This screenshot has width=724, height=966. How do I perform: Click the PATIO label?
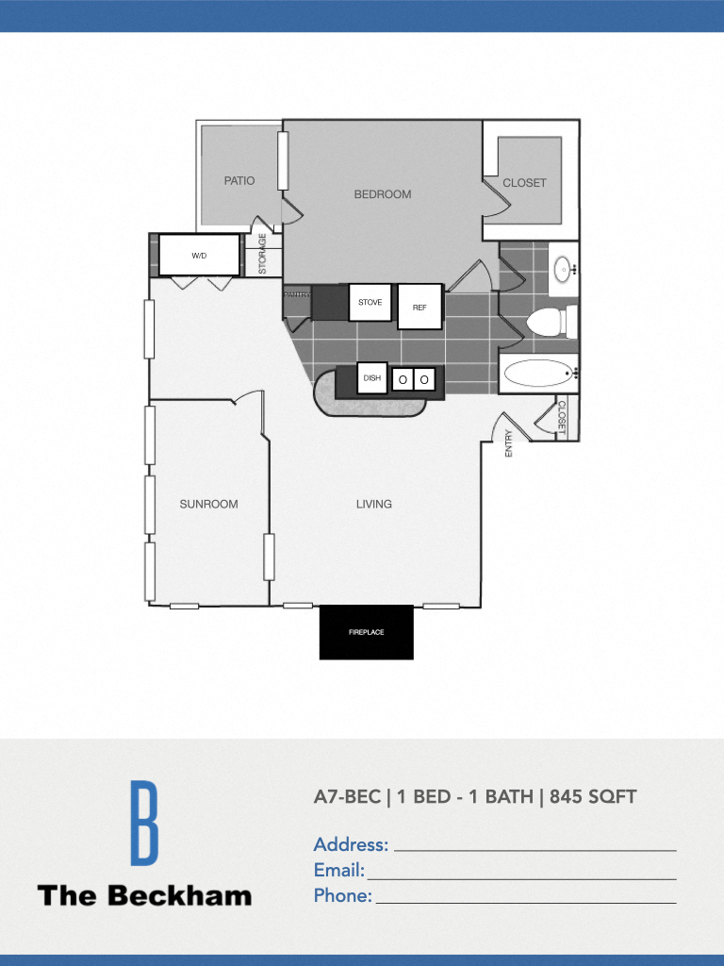coord(239,181)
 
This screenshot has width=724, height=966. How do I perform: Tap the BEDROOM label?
coord(383,194)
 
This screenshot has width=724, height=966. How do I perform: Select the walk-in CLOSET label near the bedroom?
coord(524,183)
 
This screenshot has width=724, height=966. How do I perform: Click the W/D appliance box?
coord(199,256)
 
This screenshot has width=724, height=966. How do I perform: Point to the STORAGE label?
coord(263,255)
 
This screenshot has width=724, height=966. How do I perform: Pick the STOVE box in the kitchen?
coord(370,303)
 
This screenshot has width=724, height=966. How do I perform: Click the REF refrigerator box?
coord(420,307)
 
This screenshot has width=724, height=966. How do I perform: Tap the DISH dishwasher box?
coord(372,379)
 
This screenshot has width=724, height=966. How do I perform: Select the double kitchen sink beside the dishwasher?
coord(414,379)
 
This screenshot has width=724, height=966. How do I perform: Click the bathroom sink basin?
coord(564,269)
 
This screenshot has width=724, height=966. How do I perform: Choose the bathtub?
coord(539,374)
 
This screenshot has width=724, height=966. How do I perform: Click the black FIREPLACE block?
coord(367,632)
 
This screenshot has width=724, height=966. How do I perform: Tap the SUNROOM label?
coord(208,504)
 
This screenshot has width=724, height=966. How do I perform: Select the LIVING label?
coord(374,504)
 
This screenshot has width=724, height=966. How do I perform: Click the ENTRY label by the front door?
coord(509,443)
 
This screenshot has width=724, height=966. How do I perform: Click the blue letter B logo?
coord(143,823)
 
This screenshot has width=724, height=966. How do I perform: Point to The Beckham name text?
coord(144,895)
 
